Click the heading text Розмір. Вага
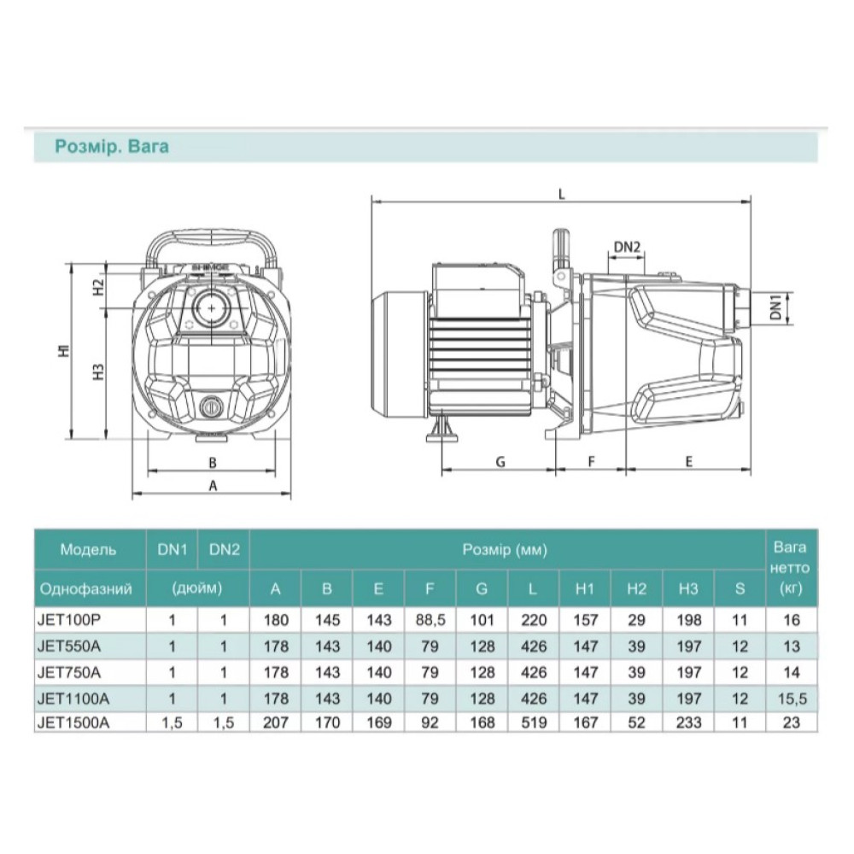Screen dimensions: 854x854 [112, 147]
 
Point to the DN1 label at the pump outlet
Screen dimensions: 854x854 [776, 307]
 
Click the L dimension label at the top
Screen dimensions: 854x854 [562, 194]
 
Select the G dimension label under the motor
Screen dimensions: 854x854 [500, 462]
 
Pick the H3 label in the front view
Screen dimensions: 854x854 [98, 371]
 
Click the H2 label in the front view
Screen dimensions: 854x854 [98, 287]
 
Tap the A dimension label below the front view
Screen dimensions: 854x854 [213, 485]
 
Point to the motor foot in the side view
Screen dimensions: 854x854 [442, 430]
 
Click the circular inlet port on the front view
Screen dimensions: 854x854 [211, 308]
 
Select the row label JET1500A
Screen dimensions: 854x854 [73, 722]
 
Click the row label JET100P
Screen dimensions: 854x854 [69, 620]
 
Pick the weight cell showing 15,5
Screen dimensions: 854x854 [792, 699]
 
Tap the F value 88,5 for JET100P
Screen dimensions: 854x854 [430, 620]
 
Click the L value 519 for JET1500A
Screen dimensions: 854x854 [533, 722]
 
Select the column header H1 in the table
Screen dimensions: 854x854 [584, 588]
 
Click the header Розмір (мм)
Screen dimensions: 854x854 [505, 549]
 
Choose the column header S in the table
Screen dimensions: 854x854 [740, 588]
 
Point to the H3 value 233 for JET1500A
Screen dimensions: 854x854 [688, 722]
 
